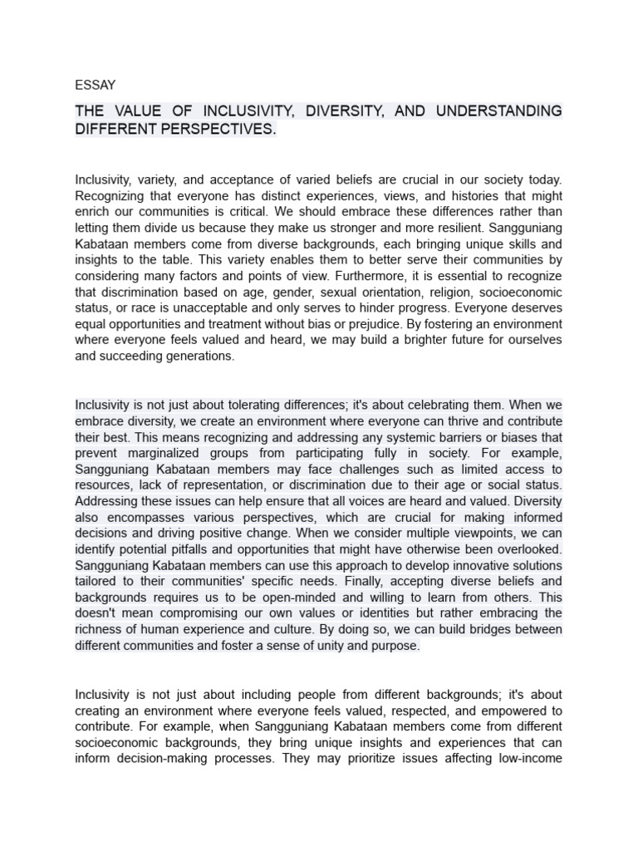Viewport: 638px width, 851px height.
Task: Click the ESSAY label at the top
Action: [x=96, y=85]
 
